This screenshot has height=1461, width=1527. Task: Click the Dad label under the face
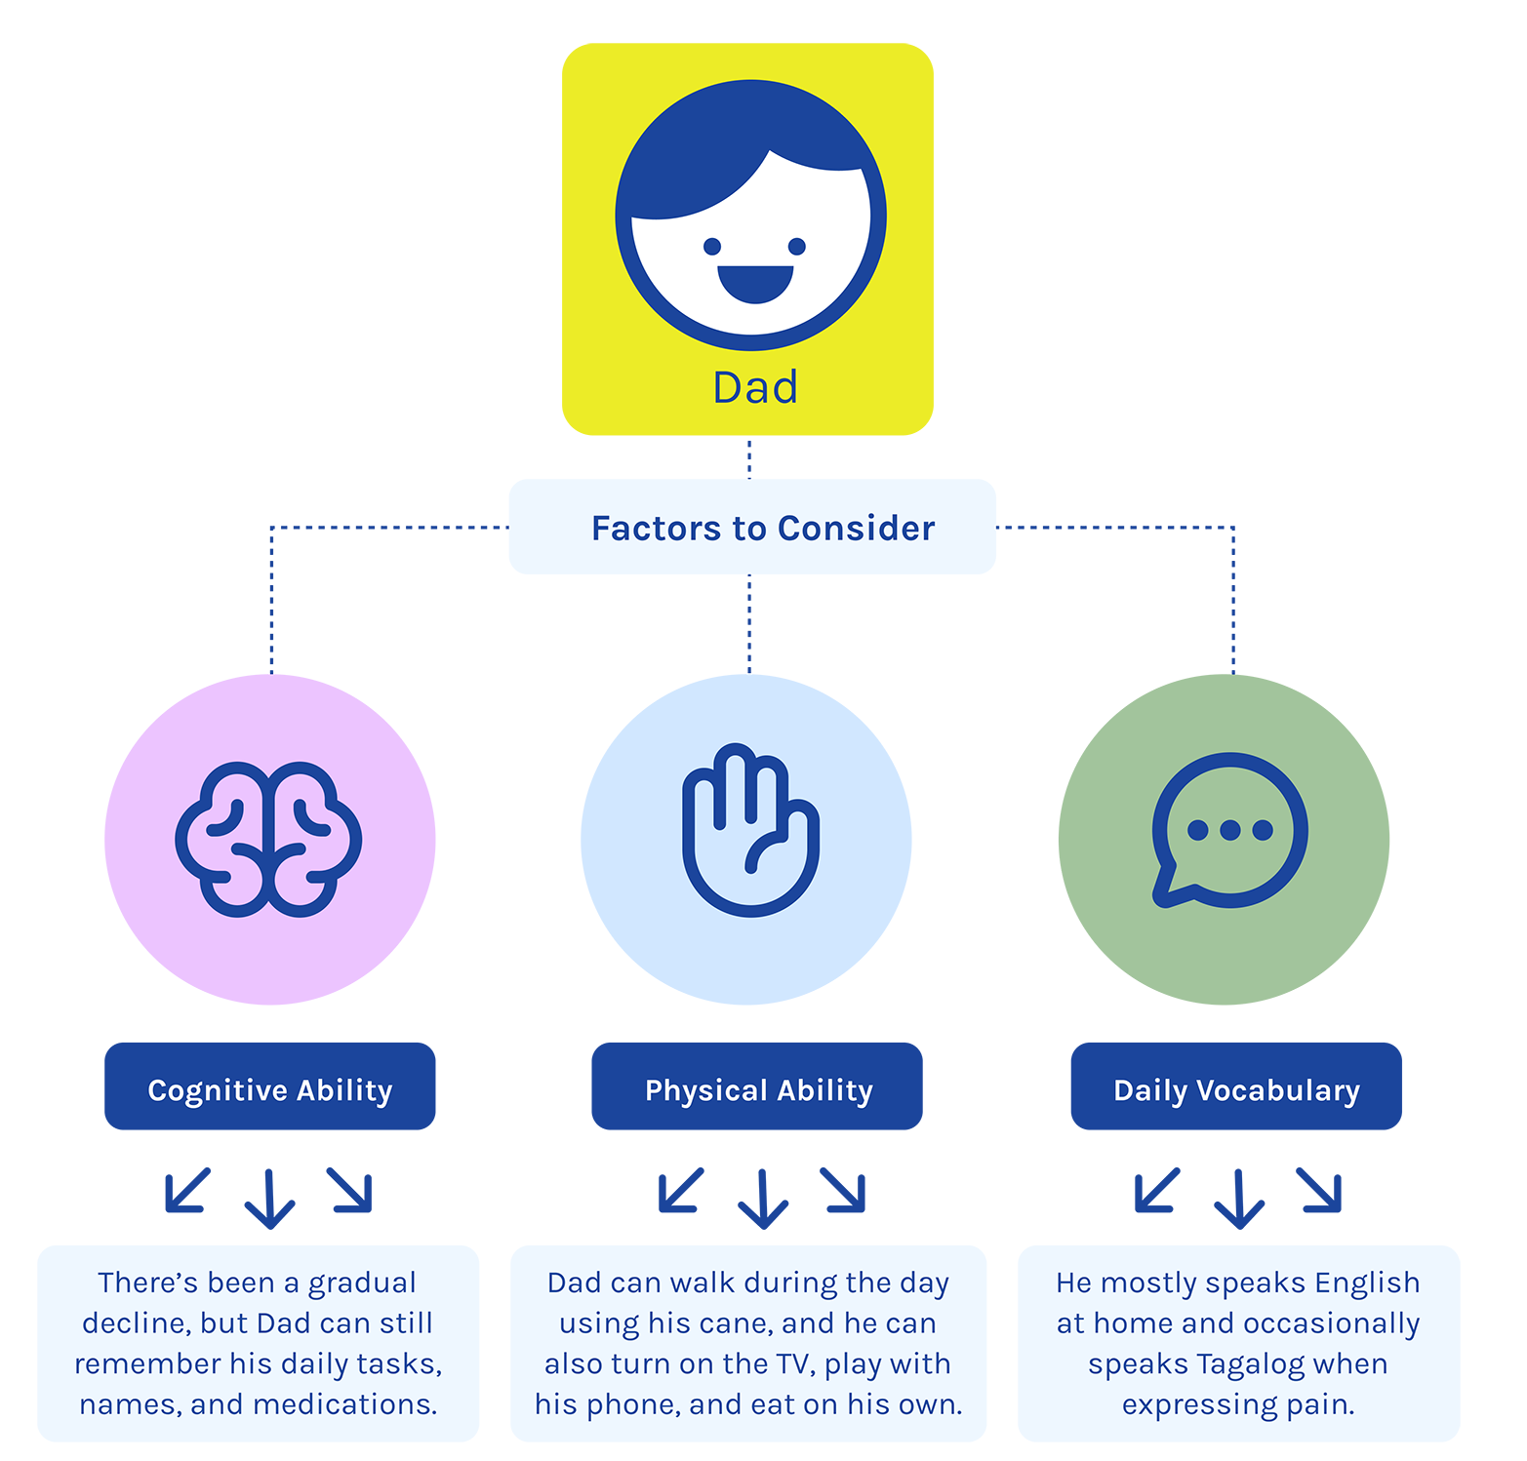[755, 387]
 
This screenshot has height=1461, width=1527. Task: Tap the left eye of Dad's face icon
[712, 246]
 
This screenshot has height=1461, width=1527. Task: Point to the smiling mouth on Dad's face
[755, 283]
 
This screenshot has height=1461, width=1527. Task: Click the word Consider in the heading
[856, 529]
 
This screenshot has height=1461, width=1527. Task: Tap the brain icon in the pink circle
[269, 839]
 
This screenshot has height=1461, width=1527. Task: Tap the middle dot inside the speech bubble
[1229, 830]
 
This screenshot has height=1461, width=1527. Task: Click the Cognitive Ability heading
[270, 1090]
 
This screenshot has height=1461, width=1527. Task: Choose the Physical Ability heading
[758, 1090]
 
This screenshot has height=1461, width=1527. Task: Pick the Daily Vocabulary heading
[1236, 1090]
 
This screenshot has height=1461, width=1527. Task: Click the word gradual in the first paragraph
[362, 1283]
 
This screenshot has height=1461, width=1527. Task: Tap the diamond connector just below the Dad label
[749, 457]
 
